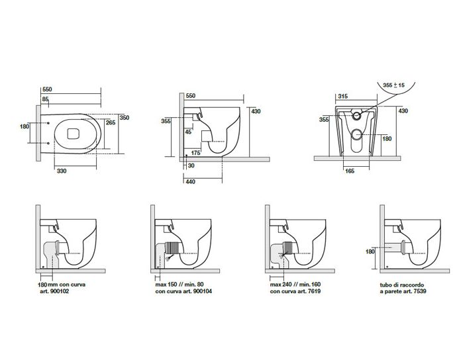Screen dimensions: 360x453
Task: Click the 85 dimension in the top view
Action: coord(46,99)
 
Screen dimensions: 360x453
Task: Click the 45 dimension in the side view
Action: coord(189,132)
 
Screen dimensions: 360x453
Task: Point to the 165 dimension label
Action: coord(351,171)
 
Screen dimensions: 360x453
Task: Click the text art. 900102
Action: coord(52,291)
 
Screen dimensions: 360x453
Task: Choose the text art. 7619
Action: coord(291,291)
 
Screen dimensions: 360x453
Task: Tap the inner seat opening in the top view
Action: coord(74,134)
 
